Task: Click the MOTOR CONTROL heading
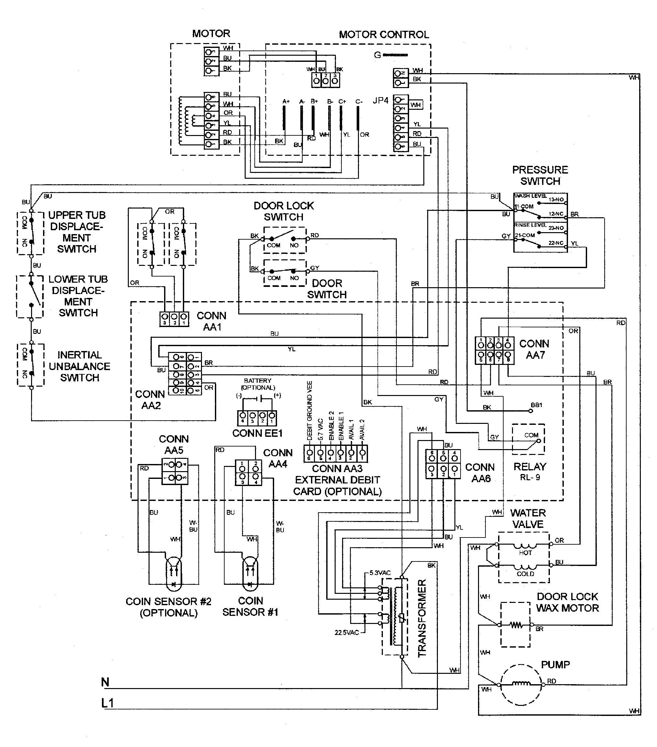(384, 35)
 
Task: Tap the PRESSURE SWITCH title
(540, 175)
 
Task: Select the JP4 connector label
(380, 100)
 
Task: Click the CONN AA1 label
(211, 321)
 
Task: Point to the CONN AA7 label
(534, 349)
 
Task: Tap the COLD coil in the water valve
(525, 568)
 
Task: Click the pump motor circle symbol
(520, 684)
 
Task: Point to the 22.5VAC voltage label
(347, 633)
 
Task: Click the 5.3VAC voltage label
(380, 573)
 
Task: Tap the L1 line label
(107, 703)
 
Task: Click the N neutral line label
(105, 682)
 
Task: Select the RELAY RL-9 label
(529, 471)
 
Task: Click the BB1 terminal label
(537, 405)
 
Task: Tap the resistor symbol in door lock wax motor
(516, 625)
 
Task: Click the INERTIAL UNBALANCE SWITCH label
(79, 366)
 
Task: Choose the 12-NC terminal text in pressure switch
(556, 214)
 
